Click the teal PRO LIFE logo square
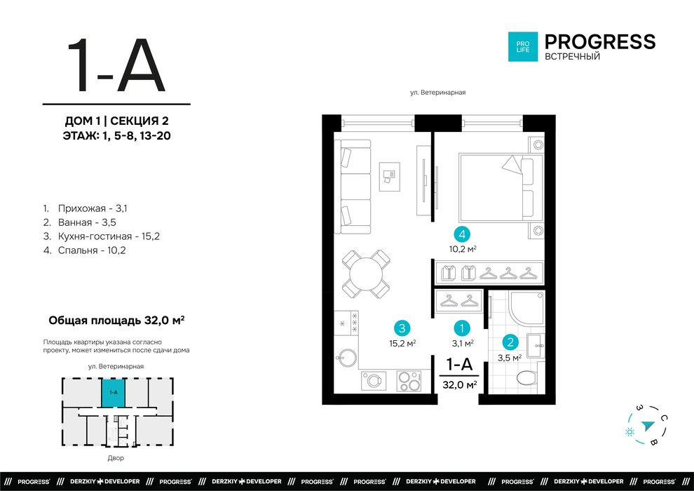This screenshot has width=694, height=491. click(x=523, y=46)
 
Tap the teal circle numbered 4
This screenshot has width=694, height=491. click(x=462, y=234)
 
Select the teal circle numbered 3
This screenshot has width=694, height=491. click(x=402, y=328)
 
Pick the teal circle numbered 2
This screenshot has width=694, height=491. click(x=510, y=342)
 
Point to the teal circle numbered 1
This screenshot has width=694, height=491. click(x=462, y=328)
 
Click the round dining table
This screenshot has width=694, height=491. click(x=366, y=274)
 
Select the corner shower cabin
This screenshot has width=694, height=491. click(x=526, y=309)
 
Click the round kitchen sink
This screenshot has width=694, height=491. click(x=346, y=358)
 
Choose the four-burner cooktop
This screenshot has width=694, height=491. click(x=409, y=381)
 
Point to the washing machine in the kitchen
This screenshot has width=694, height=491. click(x=374, y=381)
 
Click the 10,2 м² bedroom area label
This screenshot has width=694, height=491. click(x=463, y=249)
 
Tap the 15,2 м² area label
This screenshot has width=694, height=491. click(x=402, y=343)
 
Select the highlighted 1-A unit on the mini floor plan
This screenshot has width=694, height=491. click(x=114, y=393)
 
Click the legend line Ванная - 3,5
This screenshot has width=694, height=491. click(x=80, y=222)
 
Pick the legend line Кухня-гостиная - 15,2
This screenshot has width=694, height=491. click(x=102, y=236)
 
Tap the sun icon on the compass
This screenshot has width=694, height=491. click(x=630, y=431)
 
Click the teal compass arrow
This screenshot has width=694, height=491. click(x=648, y=426)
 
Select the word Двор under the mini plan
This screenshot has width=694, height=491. click(x=116, y=458)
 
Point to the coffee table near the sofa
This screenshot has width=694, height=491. click(x=390, y=177)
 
